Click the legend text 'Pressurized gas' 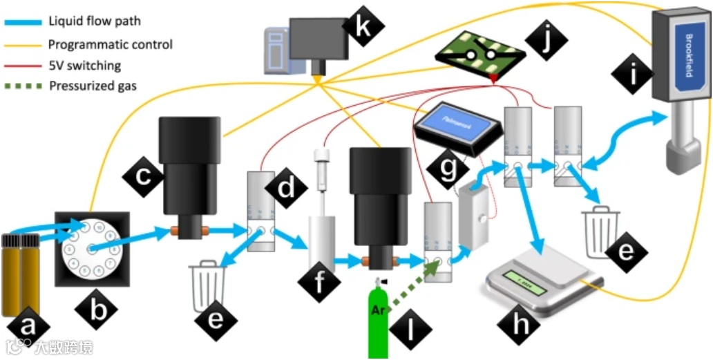93,86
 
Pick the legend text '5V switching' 85,66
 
